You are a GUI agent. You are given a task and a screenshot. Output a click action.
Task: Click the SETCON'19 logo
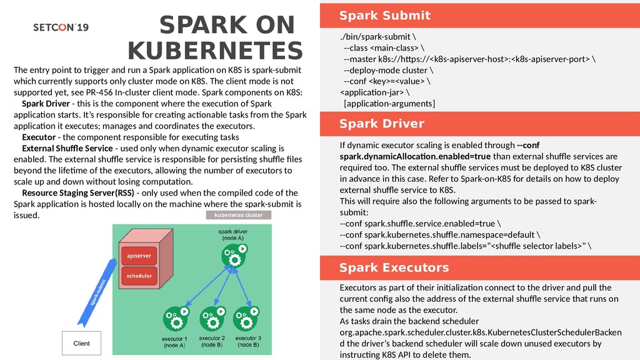[x=61, y=27]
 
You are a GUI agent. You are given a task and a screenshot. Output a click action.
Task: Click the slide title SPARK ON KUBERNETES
[x=215, y=38]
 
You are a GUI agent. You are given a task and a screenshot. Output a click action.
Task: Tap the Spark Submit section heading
[x=384, y=16]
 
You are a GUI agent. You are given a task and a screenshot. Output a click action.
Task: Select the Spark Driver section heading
[x=381, y=124]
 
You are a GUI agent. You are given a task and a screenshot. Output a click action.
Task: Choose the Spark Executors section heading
[x=394, y=268]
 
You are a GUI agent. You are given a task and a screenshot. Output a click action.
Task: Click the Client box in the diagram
[x=82, y=343]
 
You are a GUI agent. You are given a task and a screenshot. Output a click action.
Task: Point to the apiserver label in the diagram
[x=138, y=256]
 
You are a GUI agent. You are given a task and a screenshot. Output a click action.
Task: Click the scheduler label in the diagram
[x=139, y=276]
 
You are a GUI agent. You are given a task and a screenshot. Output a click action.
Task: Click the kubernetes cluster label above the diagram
[x=239, y=215]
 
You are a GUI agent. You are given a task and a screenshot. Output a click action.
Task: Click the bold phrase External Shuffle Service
[x=67, y=148]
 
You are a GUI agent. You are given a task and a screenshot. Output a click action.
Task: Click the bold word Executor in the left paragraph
[x=38, y=137]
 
